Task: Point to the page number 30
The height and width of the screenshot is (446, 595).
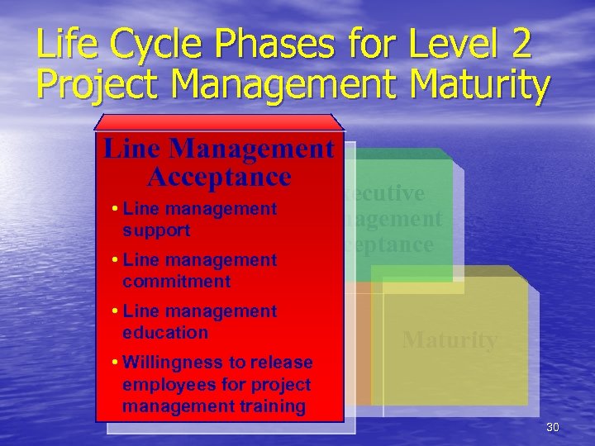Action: point(553,427)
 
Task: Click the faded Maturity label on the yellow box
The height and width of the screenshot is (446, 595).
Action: point(450,340)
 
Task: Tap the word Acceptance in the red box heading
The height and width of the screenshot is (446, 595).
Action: point(219,177)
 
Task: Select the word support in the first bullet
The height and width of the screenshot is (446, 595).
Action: point(156,230)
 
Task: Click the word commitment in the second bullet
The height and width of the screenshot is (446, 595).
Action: point(177,282)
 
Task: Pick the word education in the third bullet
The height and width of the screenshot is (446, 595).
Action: point(165,333)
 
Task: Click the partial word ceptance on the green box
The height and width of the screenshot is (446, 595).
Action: point(389,244)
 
